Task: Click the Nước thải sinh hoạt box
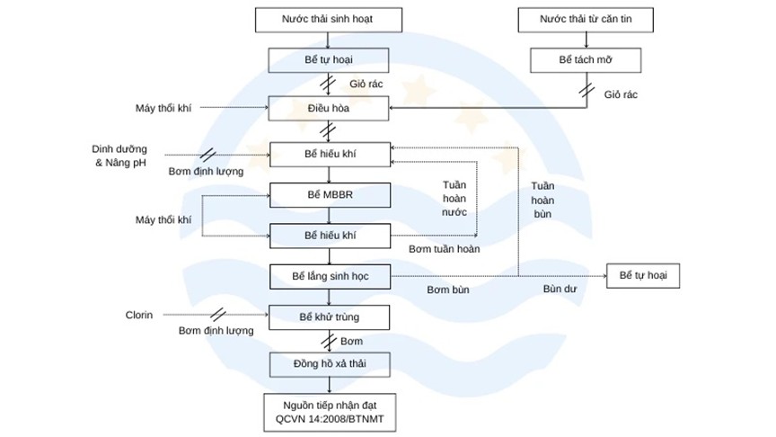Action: pos(329,19)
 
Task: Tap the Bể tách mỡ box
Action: pos(586,60)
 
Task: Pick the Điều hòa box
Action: pos(329,109)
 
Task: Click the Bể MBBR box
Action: pos(329,194)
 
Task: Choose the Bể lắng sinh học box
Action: pos(329,275)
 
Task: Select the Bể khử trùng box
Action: pos(329,317)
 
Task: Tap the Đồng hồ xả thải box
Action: pos(329,364)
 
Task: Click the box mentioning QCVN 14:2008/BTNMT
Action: pos(329,410)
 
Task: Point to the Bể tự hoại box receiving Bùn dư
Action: pos(643,275)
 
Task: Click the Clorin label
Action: pos(139,316)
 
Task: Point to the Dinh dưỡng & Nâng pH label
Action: pos(119,156)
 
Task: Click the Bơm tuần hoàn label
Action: pos(444,248)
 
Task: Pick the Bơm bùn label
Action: pos(446,290)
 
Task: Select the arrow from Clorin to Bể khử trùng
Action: pos(216,316)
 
